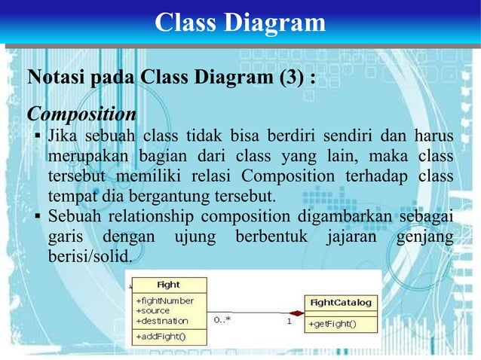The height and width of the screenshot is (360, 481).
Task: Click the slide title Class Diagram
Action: (x=240, y=23)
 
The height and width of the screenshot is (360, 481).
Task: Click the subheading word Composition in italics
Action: (x=81, y=114)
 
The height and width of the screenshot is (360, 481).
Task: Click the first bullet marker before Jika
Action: (x=37, y=138)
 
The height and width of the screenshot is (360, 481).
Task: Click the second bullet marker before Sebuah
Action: (x=37, y=218)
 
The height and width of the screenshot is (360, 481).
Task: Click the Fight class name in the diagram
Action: (x=168, y=285)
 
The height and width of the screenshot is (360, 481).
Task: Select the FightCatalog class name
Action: (x=342, y=303)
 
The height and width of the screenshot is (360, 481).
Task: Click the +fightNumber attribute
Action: (x=164, y=301)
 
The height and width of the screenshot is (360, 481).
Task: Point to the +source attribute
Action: (x=153, y=310)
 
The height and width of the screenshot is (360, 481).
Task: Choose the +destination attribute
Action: (x=161, y=320)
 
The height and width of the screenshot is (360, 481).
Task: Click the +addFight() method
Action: (x=161, y=337)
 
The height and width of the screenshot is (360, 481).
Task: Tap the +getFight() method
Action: (x=332, y=325)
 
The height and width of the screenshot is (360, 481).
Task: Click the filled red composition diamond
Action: (x=296, y=313)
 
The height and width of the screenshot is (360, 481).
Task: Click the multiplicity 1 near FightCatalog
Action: (x=287, y=321)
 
